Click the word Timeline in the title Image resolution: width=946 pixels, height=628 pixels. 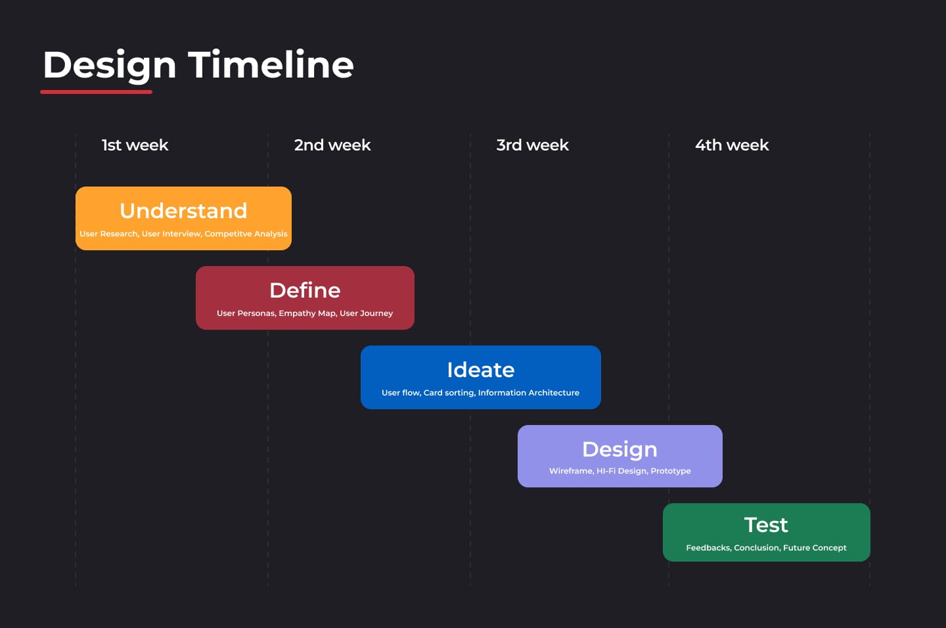click(x=271, y=64)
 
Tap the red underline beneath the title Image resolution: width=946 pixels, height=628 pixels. click(x=97, y=92)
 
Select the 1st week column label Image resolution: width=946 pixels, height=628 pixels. click(x=135, y=145)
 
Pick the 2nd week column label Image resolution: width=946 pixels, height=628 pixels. click(x=332, y=145)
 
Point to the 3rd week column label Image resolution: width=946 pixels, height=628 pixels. click(x=533, y=145)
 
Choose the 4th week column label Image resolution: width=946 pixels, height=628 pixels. click(x=732, y=145)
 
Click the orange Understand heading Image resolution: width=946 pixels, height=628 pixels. click(x=183, y=210)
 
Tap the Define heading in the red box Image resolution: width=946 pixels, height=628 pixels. click(x=305, y=290)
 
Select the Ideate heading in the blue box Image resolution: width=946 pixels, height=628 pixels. click(x=481, y=370)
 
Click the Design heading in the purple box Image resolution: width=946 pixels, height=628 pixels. click(x=619, y=450)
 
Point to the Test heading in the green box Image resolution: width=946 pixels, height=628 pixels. click(x=766, y=525)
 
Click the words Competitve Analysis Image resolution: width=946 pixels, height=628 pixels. click(x=246, y=234)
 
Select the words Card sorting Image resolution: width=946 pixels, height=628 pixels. click(x=449, y=392)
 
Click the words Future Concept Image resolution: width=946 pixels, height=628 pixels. click(x=815, y=547)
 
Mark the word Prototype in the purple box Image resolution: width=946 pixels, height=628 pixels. click(x=671, y=471)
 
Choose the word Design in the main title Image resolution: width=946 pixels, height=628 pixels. click(x=109, y=66)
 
